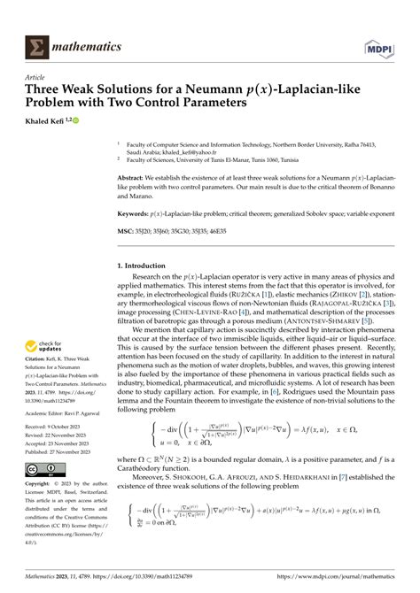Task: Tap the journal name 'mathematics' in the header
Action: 90,44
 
